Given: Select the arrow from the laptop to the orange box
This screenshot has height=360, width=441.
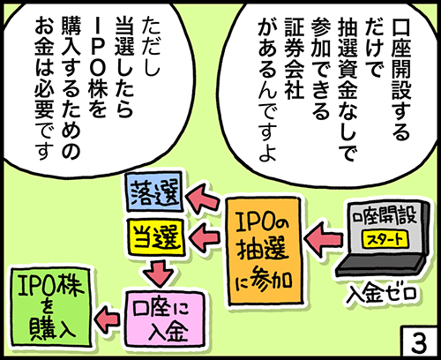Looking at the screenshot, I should (322, 236).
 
